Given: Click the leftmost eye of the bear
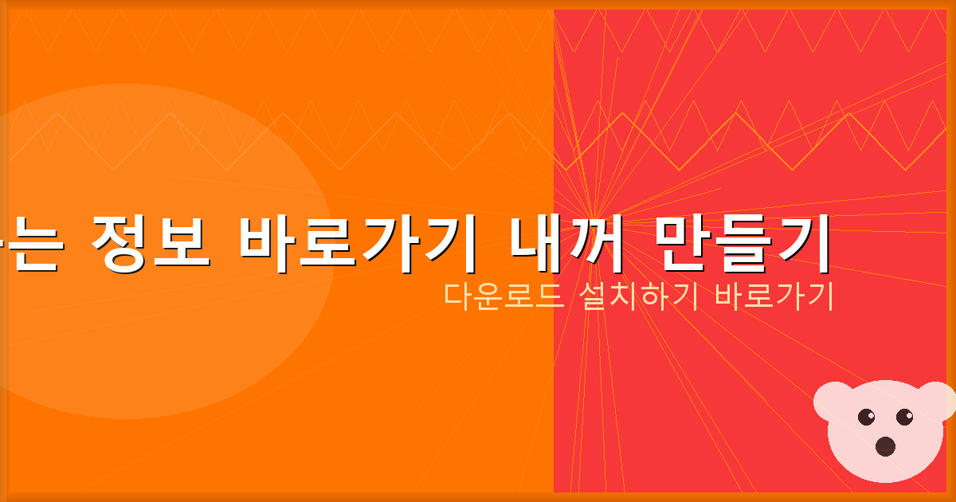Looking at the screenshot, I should click(x=867, y=416).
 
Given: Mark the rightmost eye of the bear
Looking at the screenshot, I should click(x=905, y=416).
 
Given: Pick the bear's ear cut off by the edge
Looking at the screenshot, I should click(x=943, y=398).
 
